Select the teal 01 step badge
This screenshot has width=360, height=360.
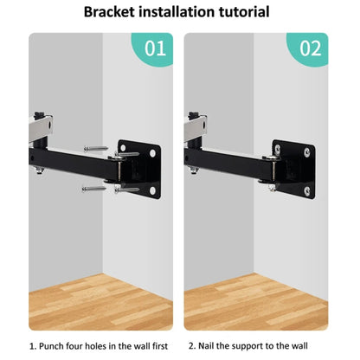pyautogui.click(x=154, y=48)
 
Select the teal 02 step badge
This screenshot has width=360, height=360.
pyautogui.click(x=310, y=48)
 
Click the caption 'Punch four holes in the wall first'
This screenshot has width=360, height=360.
pyautogui.click(x=100, y=347)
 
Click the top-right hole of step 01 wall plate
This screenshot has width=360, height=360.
pyautogui.click(x=154, y=152)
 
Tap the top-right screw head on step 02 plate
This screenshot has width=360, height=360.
pyautogui.click(x=309, y=152)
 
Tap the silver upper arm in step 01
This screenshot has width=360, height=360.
pyautogui.click(x=39, y=125)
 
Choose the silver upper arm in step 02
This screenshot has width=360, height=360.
pyautogui.click(x=195, y=125)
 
